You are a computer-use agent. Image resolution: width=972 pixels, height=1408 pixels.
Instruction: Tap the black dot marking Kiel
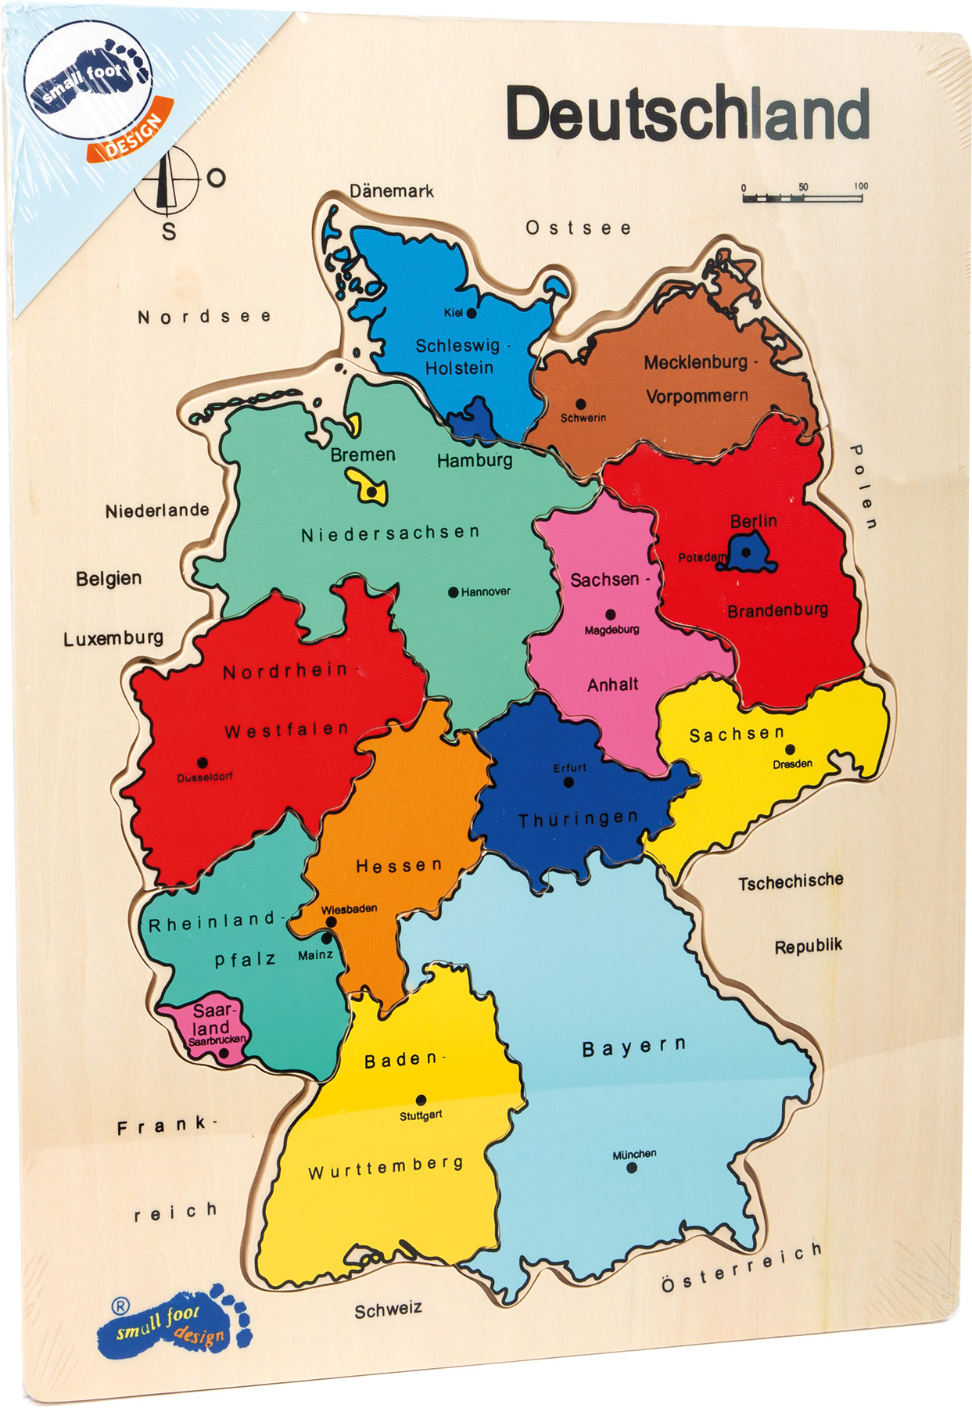[x=472, y=313]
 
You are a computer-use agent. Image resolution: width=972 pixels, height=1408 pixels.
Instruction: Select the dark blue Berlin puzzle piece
[x=750, y=552]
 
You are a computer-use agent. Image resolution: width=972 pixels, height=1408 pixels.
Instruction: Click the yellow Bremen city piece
[x=368, y=487]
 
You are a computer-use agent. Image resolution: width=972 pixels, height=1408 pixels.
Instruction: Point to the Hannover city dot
[x=453, y=592]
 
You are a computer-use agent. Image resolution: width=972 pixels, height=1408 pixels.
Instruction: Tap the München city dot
[x=632, y=1168]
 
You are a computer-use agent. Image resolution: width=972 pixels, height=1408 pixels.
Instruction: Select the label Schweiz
[x=388, y=1311]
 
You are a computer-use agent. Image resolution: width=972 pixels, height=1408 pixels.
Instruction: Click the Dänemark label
[x=391, y=191]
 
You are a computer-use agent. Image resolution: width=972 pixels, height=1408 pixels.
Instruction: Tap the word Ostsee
[x=578, y=228]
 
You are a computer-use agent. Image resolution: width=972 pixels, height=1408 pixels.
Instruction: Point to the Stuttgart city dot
[x=421, y=1100]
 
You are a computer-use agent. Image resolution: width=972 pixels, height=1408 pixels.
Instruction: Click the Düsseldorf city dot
[x=203, y=763]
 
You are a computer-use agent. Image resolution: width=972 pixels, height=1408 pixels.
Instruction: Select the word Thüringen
[x=579, y=819]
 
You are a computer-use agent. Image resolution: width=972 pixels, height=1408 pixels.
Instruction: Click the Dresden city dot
[x=790, y=749]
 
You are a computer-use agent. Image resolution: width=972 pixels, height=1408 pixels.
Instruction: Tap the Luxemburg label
[x=113, y=638]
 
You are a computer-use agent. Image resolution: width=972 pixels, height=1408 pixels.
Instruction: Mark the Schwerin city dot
[x=580, y=404]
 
